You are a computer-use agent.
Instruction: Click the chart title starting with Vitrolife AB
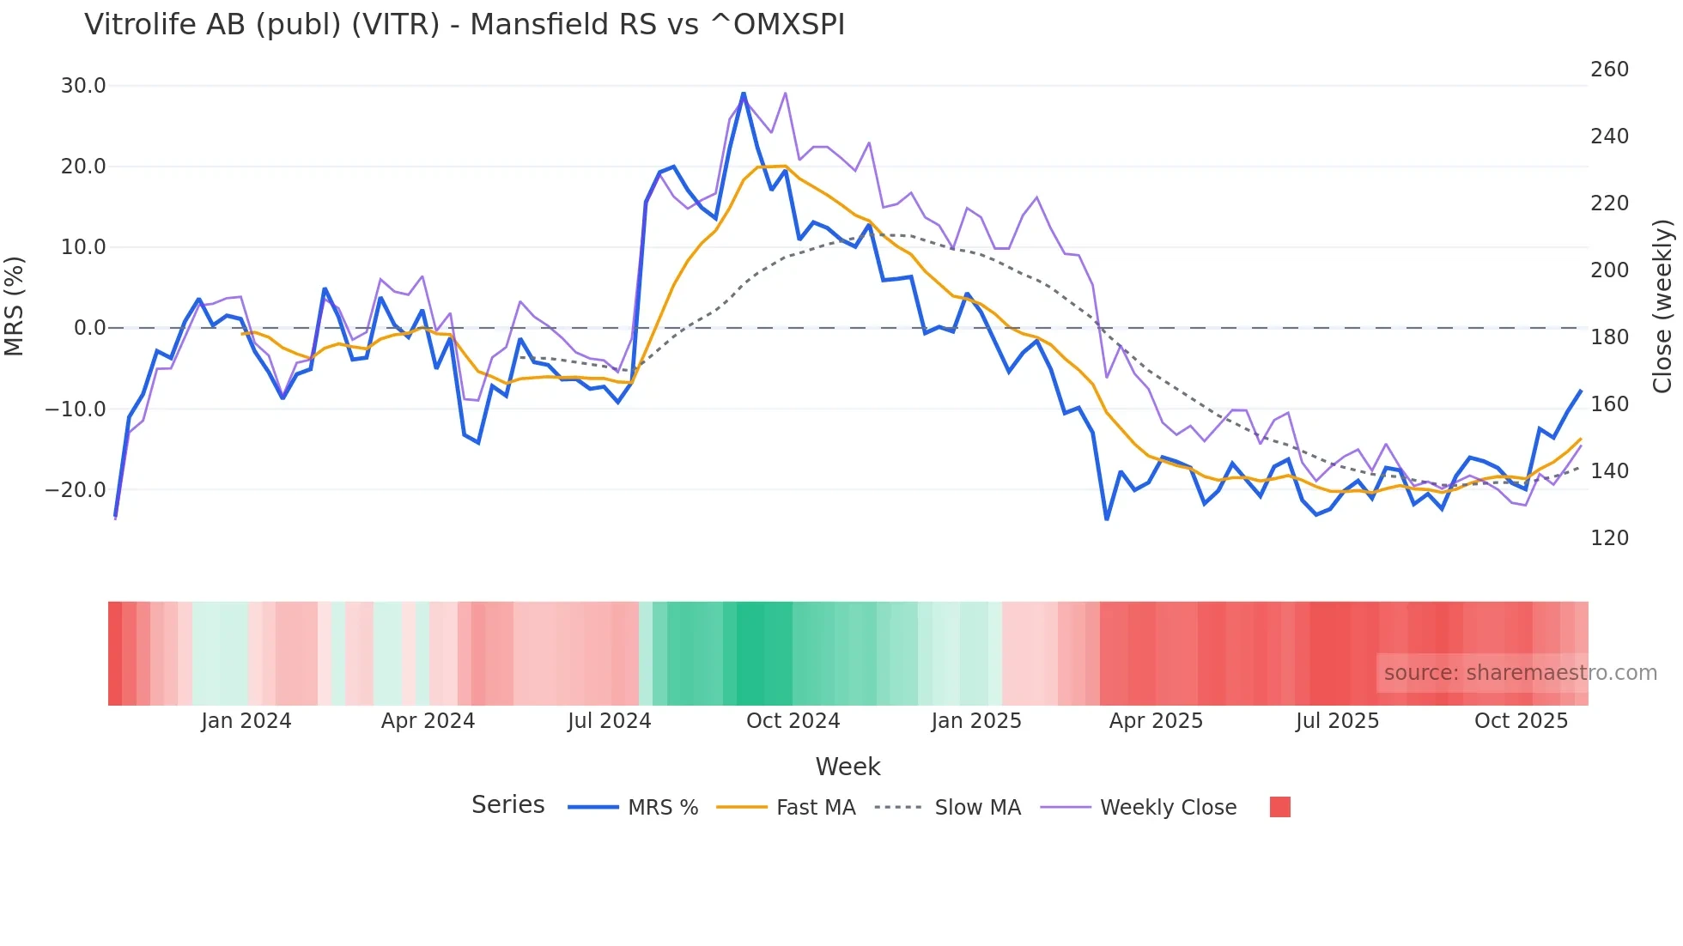click(465, 25)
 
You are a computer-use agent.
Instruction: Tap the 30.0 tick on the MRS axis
click(83, 86)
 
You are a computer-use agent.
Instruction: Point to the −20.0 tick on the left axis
click(76, 490)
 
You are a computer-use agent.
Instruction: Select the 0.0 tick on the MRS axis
click(90, 328)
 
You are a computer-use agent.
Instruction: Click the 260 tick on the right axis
click(1609, 70)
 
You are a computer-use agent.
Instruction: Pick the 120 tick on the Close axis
click(1609, 538)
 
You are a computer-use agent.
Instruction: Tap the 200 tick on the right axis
click(1609, 270)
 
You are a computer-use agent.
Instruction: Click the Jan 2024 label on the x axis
click(246, 721)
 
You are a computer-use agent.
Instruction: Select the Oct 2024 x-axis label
click(793, 721)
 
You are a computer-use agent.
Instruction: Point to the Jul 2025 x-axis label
click(1337, 721)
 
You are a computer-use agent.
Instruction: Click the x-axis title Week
click(848, 767)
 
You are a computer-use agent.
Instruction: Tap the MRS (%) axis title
click(15, 306)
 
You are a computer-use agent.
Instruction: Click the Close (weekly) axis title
click(1663, 306)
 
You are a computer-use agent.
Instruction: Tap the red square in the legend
click(1279, 807)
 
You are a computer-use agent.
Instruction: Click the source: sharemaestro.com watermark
click(1520, 673)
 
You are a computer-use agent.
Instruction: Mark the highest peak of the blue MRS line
click(744, 94)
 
